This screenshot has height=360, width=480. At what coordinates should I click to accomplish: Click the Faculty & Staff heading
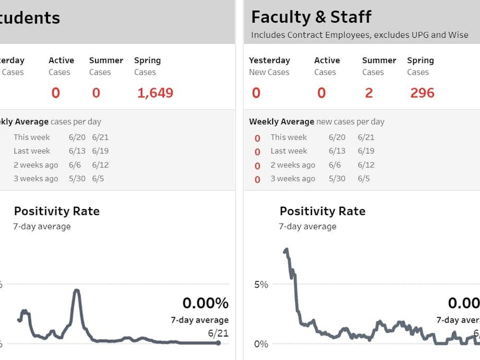click(311, 17)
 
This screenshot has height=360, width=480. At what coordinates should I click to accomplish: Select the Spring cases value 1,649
click(155, 93)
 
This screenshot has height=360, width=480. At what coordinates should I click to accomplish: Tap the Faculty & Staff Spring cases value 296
click(422, 93)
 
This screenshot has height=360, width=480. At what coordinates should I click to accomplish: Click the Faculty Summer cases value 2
click(369, 93)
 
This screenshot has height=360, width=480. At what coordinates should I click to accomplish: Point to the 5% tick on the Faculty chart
click(261, 284)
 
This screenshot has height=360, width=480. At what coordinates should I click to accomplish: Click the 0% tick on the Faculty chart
click(261, 344)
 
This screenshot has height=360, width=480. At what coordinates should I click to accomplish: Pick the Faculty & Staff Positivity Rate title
click(322, 211)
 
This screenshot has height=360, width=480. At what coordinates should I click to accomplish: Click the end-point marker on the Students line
click(218, 343)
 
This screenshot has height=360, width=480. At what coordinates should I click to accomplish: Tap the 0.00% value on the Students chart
click(205, 303)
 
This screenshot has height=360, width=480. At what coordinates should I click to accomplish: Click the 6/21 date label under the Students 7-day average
click(218, 333)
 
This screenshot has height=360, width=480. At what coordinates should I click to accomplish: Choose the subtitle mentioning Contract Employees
click(360, 35)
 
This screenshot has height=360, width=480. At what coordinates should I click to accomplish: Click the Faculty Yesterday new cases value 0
click(256, 93)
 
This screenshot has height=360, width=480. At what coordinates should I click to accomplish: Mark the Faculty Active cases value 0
click(321, 93)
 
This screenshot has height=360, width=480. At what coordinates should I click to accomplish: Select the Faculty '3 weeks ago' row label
click(293, 179)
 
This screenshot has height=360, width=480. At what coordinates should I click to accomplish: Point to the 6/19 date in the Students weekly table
click(100, 151)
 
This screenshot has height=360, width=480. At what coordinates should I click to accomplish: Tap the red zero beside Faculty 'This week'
click(257, 138)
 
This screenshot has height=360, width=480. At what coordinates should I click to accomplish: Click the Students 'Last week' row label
click(32, 151)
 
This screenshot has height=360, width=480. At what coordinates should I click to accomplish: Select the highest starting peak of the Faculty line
click(286, 250)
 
